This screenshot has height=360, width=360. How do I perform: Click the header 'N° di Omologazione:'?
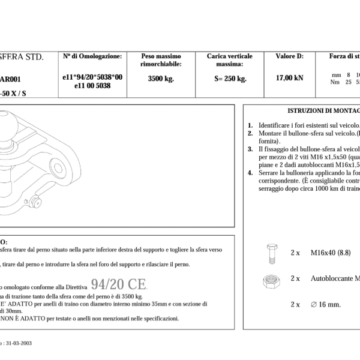point(92,56)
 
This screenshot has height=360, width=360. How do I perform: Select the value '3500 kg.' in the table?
point(160,78)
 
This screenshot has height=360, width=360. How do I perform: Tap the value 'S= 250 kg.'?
point(230,78)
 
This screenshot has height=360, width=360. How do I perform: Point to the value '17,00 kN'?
point(289,78)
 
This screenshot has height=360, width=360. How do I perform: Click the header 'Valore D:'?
point(289,56)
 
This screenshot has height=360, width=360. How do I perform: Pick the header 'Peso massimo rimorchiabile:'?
point(160,60)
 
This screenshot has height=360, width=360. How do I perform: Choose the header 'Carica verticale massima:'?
point(230,60)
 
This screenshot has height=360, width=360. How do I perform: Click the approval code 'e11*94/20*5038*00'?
point(92,77)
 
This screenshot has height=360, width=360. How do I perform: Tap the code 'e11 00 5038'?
point(92,86)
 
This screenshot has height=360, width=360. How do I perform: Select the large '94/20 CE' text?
point(119,284)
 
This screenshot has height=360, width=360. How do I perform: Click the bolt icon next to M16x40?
point(269,254)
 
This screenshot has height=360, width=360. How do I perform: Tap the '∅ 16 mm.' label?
point(325,304)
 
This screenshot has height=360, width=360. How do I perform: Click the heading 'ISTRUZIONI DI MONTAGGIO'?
point(324,111)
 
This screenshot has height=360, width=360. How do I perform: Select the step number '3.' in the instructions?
point(250,148)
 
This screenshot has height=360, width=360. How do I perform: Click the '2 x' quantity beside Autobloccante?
point(295,278)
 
